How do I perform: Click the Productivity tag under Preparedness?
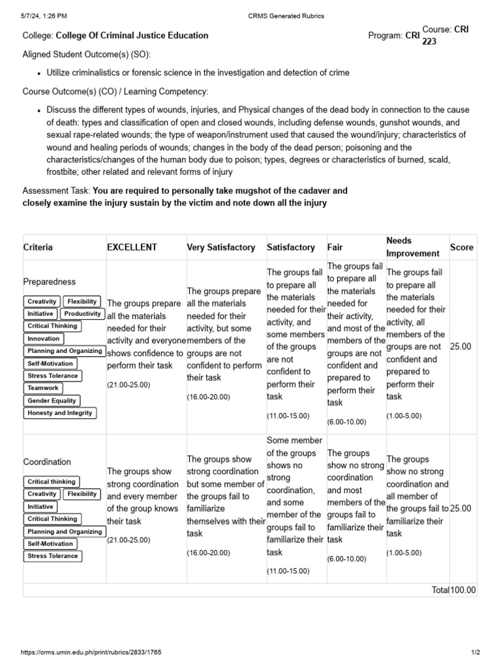click(83, 314)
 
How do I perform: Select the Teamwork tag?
click(43, 388)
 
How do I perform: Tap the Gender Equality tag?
click(52, 401)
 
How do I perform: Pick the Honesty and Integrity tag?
click(60, 413)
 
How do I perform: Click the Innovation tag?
click(44, 339)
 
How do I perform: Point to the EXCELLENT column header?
click(132, 247)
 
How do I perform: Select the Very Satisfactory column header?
click(221, 247)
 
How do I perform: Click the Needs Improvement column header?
click(413, 247)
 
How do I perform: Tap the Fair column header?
click(335, 247)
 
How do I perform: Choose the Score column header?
click(462, 247)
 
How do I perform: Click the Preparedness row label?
click(50, 282)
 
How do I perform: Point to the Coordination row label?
click(47, 462)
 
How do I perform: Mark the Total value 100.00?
click(463, 590)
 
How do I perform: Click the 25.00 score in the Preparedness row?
click(461, 346)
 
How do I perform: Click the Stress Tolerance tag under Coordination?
click(52, 556)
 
